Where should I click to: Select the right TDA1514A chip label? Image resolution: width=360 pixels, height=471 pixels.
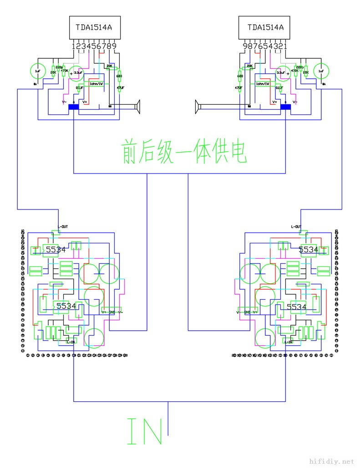click(x=265, y=27)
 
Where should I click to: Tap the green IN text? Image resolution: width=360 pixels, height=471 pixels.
click(x=145, y=431)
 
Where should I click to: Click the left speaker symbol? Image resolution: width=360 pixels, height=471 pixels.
click(x=137, y=107)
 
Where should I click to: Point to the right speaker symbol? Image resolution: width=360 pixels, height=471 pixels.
click(x=198, y=107)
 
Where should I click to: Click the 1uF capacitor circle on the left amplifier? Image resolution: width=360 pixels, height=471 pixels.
click(x=38, y=71)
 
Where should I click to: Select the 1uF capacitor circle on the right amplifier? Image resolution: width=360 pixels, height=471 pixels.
click(x=322, y=71)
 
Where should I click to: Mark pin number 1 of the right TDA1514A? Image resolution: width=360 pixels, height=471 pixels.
click(x=285, y=46)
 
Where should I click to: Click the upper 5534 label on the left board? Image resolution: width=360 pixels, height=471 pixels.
click(x=56, y=250)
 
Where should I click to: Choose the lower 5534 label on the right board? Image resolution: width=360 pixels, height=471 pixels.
click(x=297, y=307)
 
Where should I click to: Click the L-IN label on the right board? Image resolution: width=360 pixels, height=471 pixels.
click(x=288, y=341)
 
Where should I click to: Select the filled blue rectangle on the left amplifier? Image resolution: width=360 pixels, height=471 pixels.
click(x=73, y=108)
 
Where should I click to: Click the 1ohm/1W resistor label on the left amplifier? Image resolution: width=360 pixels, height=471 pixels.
click(x=96, y=84)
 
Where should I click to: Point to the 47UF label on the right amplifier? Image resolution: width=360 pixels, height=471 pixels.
click(x=238, y=87)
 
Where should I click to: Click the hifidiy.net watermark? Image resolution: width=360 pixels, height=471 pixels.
click(x=331, y=461)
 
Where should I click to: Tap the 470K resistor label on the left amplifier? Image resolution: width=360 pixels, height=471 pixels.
click(x=64, y=71)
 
